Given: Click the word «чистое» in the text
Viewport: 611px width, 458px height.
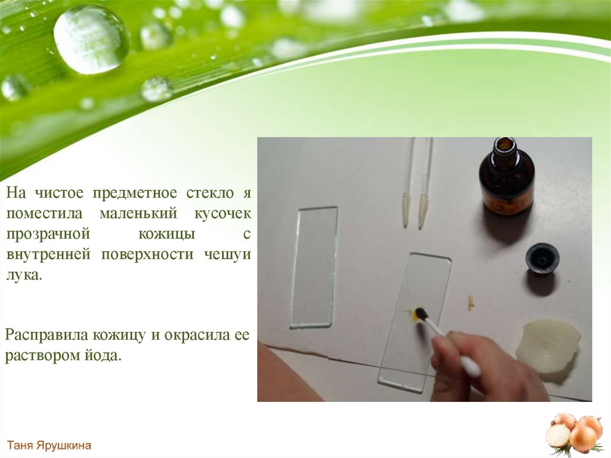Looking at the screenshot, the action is [59, 193].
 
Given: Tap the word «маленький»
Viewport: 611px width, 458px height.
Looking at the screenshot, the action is [138, 213].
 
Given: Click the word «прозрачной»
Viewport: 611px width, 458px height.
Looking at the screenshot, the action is [48, 235].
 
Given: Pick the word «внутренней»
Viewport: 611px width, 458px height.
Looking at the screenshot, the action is [48, 254].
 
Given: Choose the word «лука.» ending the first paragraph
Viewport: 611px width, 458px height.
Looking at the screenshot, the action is [24, 275].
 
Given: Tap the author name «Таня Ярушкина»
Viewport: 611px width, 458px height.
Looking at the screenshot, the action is [49, 445].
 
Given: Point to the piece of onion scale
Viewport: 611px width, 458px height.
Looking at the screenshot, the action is [548, 345].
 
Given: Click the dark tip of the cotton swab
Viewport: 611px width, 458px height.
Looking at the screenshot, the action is [421, 313].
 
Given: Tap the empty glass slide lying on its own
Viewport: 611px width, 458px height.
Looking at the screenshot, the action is [314, 268].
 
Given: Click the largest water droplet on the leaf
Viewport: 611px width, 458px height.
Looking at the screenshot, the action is [91, 39].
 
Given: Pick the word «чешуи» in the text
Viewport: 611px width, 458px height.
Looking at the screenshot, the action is [227, 255].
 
